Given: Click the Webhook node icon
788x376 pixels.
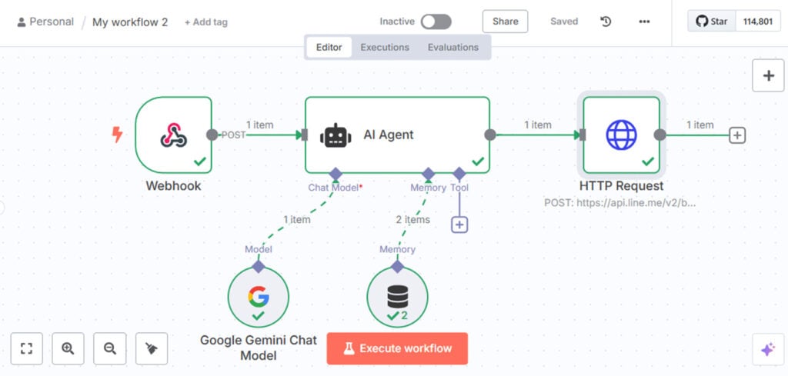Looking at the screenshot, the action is (174, 135).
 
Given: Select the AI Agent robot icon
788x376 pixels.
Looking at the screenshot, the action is (336, 135).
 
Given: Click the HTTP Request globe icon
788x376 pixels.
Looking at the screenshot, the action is (621, 135).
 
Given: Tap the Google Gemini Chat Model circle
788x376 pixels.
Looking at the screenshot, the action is (259, 297).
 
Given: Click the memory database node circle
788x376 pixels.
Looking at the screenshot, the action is (398, 297).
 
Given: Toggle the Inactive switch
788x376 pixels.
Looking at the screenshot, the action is (436, 22).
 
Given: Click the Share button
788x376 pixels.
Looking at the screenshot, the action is (505, 22).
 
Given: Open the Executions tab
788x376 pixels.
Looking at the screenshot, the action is (385, 47).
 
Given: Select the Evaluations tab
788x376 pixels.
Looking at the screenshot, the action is (453, 47).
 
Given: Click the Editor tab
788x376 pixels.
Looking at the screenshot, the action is (329, 47).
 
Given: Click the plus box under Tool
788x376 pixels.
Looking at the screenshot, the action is (459, 225).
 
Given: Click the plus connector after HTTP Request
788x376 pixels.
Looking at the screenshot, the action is (737, 135).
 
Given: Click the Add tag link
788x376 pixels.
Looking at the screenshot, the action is (206, 22).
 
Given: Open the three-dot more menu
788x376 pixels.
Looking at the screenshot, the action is (644, 22).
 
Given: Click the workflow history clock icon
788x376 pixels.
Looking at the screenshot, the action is (606, 22).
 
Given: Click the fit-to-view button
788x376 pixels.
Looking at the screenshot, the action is (27, 348).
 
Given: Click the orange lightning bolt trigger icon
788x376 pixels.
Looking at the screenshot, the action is (117, 135).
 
